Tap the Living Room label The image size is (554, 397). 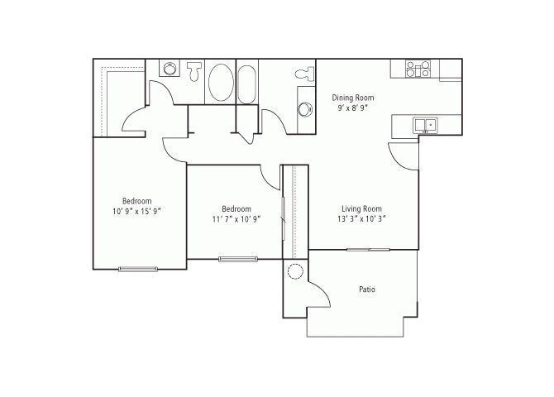click(361, 208)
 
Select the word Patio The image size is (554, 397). click(368, 289)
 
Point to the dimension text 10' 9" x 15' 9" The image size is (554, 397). click(136, 211)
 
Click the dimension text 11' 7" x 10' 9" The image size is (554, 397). click(236, 219)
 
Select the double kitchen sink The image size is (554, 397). click(427, 125)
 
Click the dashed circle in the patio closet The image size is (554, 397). click(294, 273)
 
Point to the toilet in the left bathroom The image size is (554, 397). click(195, 71)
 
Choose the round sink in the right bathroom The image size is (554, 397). click(303, 108)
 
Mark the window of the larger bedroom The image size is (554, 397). click(137, 268)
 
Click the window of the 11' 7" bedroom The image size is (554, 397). click(238, 260)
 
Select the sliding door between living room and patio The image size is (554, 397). click(368, 249)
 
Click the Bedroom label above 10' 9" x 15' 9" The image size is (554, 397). click(136, 201)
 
